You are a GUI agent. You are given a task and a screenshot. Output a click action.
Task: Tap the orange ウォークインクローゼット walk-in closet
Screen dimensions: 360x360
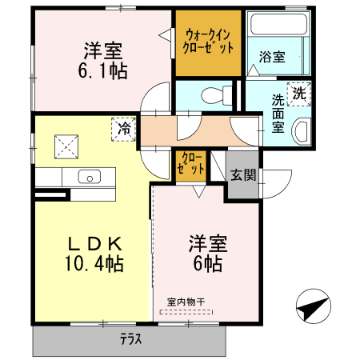pyautogui.click(x=208, y=42)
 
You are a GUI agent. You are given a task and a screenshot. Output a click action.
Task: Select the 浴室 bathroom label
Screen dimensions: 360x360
pyautogui.click(x=272, y=57)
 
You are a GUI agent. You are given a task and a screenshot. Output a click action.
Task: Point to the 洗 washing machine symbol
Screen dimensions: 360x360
pyautogui.click(x=299, y=93)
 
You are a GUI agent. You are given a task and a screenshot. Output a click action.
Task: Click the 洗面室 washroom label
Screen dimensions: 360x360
pyautogui.click(x=278, y=114)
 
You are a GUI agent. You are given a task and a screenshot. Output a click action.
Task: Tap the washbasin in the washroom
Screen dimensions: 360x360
pyautogui.click(x=302, y=130)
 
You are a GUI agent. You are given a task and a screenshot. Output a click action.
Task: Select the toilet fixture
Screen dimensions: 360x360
pyautogui.click(x=210, y=94)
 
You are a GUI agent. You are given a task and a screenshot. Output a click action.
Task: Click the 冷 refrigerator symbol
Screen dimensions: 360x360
pyautogui.click(x=124, y=128)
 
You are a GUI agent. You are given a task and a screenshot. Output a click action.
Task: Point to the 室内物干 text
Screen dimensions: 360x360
pyautogui.click(x=186, y=302)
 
